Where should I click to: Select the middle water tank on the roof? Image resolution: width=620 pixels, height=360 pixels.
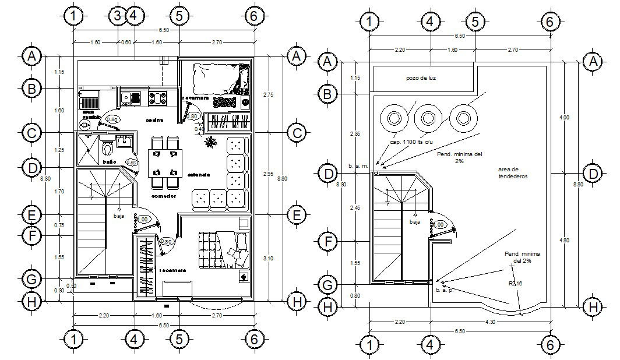tap(428, 118)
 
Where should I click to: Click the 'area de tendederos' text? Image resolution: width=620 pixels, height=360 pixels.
tap(513, 172)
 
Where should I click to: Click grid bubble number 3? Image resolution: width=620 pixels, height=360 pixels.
tap(118, 16)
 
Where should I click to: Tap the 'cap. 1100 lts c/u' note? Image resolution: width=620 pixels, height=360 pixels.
tap(411, 143)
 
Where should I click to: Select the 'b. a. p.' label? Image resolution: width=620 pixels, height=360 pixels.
tap(444, 289)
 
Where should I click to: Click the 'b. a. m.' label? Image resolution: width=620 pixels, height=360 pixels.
tap(358, 166)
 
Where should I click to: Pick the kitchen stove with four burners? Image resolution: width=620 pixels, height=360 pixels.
tap(158, 97)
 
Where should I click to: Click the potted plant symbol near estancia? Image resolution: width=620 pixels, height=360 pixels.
tap(209, 142)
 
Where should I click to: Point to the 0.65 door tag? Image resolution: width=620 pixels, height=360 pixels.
tap(131, 163)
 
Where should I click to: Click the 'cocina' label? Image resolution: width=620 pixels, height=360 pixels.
tap(154, 120)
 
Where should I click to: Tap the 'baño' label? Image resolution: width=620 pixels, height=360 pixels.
tap(108, 161)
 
